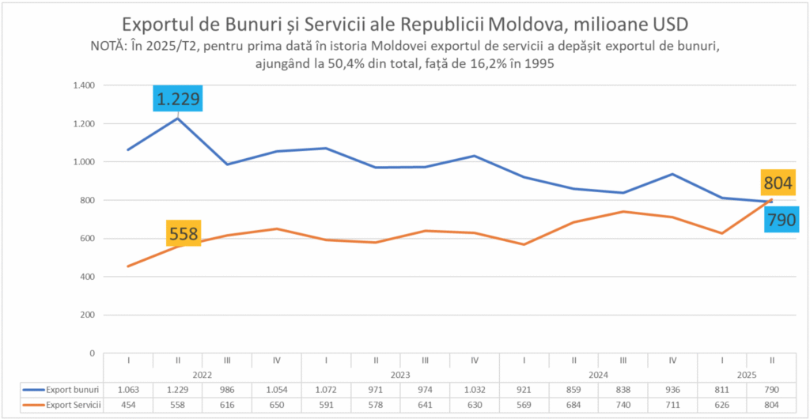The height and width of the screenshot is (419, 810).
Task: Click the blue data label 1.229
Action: [x=178, y=100]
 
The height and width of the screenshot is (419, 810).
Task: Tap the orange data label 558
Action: [x=183, y=234]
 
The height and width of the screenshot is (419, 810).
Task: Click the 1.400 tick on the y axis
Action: [x=83, y=85]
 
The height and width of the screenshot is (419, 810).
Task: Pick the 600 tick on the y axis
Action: [x=86, y=239]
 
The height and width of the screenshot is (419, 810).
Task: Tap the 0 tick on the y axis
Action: [x=92, y=353]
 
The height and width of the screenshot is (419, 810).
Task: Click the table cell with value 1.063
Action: [x=128, y=390]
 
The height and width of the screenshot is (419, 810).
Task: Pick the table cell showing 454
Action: [x=128, y=405]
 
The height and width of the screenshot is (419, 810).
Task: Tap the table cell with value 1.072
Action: [x=326, y=390]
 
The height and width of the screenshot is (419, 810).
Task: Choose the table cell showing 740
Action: [x=623, y=405]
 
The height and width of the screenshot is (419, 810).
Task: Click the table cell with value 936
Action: [x=672, y=390]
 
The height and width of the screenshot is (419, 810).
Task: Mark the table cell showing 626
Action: [x=721, y=405]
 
